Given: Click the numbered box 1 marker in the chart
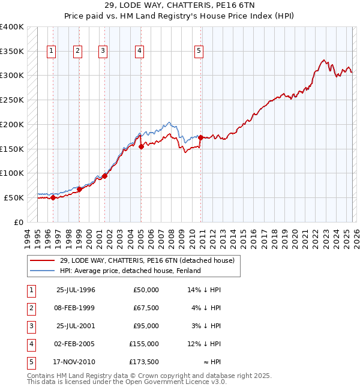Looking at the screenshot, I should point(52,52).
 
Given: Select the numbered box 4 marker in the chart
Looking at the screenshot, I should point(139,52).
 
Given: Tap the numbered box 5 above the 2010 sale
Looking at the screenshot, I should point(199,52).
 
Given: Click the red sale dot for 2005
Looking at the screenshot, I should point(141,146).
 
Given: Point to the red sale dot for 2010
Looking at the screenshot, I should point(200,137).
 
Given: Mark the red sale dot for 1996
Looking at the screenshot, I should point(53,197).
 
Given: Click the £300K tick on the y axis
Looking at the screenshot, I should point(12,76).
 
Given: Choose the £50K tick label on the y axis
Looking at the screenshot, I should point(14,197).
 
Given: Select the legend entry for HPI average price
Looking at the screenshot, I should point(130,271).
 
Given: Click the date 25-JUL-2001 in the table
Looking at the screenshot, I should point(76,326).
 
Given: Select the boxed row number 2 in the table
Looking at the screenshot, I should point(29,308).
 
